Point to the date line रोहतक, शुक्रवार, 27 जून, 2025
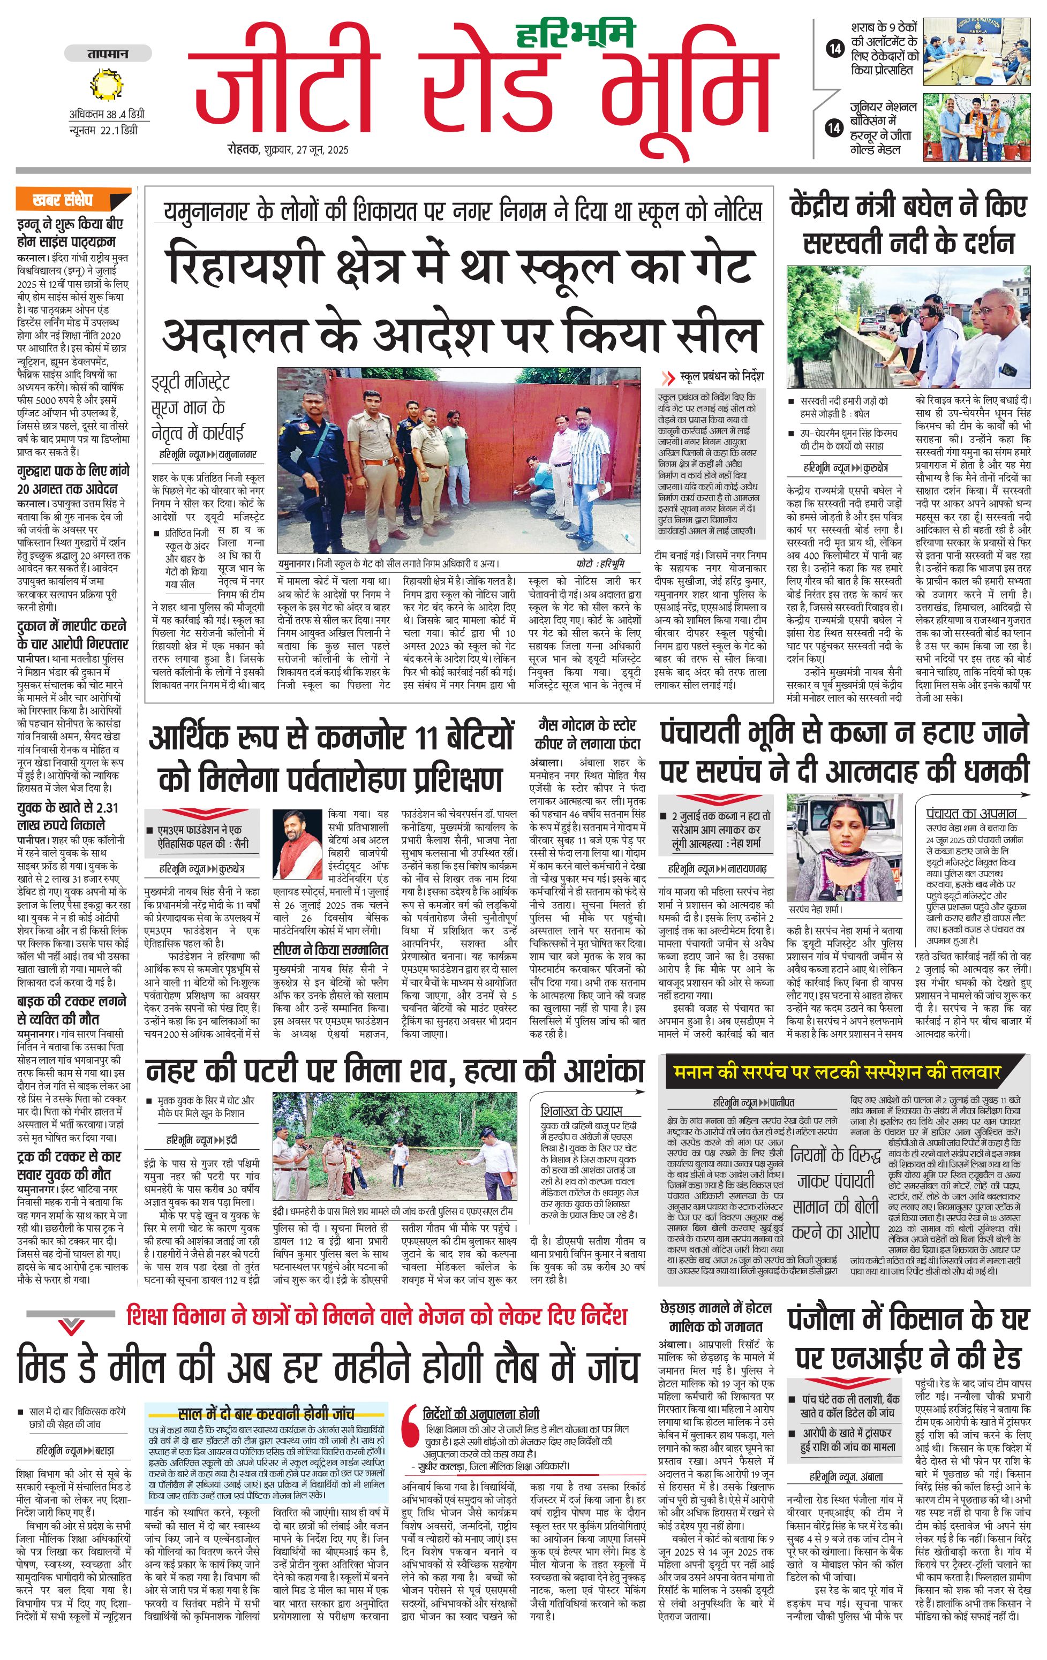(288, 149)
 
